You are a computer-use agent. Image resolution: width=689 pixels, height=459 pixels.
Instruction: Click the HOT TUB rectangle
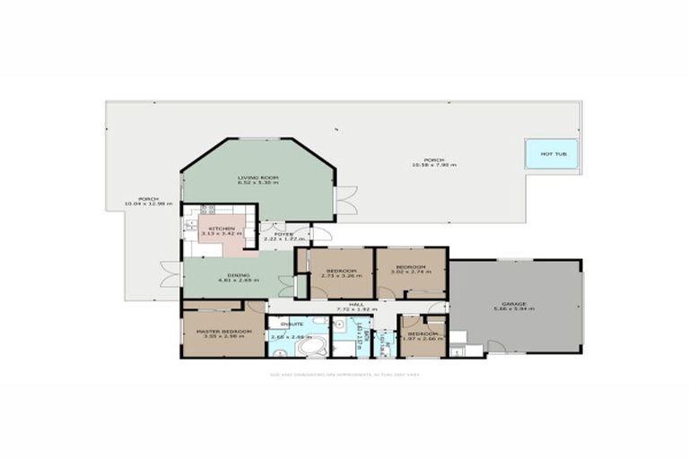pos(552,153)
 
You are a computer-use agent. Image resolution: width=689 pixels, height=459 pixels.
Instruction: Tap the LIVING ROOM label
pos(257,178)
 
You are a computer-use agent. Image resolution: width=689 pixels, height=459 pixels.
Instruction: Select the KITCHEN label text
pos(222,229)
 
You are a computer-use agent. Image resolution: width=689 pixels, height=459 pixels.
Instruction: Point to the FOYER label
pos(283,234)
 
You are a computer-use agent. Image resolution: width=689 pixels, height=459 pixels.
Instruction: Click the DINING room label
pos(238,275)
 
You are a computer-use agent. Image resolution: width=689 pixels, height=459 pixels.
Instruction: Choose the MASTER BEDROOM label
pos(218,331)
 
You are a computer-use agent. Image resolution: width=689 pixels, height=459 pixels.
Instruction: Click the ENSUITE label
pos(292,323)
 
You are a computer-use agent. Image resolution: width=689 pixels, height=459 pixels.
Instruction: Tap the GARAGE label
pos(514,304)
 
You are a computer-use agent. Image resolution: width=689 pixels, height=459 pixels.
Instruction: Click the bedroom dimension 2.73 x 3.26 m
pos(343,275)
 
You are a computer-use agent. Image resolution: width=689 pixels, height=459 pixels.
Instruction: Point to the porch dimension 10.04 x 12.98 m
pos(143,204)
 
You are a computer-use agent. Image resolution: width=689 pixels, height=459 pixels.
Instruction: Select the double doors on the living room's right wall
pos(345,200)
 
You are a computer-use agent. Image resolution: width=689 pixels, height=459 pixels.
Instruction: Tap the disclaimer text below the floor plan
pos(344,374)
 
